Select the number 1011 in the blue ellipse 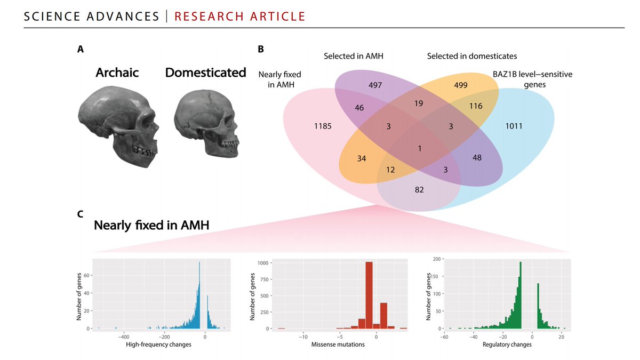tap(514, 126)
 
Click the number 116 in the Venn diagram tap(475, 106)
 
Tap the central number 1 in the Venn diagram tap(420, 148)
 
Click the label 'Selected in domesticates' tap(472, 55)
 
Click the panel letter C tap(80, 214)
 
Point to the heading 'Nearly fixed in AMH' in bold tap(151, 226)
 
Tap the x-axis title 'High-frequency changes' tap(158, 345)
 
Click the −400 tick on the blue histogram tap(124, 337)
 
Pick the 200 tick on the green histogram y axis tap(437, 259)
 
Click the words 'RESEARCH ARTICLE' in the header tap(240, 16)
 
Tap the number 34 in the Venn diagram tap(362, 158)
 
